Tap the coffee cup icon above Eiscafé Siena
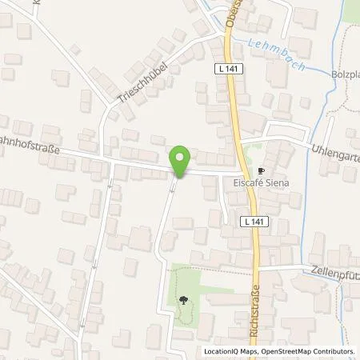pos(260,171)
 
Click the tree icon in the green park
pos(185,301)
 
